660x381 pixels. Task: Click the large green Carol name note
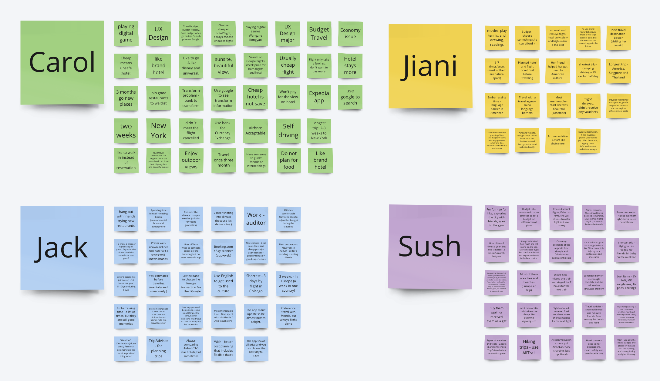point(62,62)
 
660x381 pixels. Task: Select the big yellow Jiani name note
point(430,66)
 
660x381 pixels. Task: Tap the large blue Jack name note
point(62,248)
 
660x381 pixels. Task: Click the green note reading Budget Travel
point(319,34)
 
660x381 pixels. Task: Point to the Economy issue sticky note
point(350,34)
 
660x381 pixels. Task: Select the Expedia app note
point(319,97)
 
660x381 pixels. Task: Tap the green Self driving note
point(288,131)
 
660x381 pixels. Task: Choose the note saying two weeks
point(126,131)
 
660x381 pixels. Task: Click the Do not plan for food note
point(289,160)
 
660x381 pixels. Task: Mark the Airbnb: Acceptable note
point(255,131)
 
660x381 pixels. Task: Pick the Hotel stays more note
point(350,65)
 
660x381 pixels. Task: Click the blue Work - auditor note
point(256,219)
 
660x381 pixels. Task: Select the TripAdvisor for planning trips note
point(158,348)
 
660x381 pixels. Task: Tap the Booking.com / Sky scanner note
point(223,251)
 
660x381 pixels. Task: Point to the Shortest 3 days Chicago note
point(256,283)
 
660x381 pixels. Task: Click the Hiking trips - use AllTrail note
point(529,347)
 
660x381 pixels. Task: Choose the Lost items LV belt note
point(626,282)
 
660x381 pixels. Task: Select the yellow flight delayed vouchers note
point(588,105)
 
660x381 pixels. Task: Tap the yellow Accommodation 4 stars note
point(557,140)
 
